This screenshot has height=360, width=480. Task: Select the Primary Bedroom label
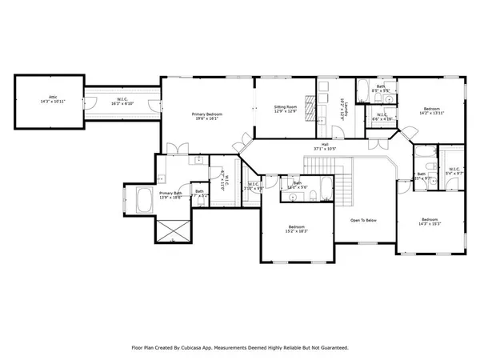coord(207,117)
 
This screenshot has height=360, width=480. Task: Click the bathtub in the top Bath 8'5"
coord(361,87)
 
